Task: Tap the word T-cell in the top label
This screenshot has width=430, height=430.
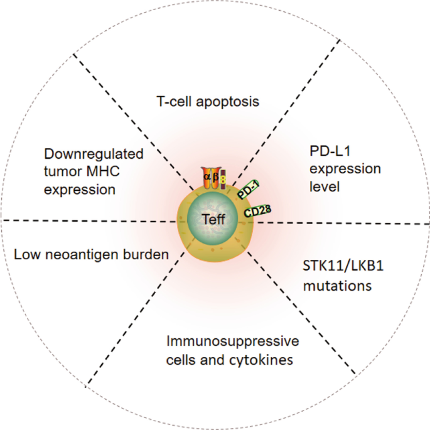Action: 170,100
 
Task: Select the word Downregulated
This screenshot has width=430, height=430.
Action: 94,154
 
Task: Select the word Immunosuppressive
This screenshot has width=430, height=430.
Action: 232,341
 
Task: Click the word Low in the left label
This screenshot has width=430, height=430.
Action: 25,254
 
